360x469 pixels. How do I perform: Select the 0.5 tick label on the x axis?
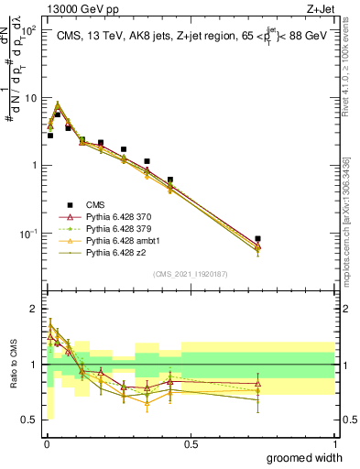point(191,443)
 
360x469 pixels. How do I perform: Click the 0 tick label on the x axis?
point(46,443)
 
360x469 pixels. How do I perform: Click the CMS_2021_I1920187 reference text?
point(191,274)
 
